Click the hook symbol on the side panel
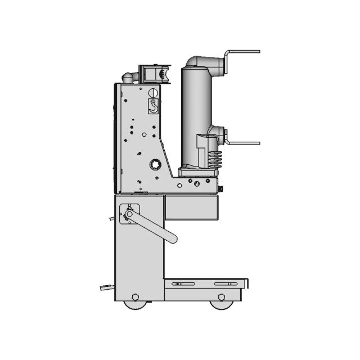(153, 106)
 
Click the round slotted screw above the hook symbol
(152, 92)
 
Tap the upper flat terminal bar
(243, 52)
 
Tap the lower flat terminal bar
(243, 143)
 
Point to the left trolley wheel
(134, 304)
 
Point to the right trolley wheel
(220, 304)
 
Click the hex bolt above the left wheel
(135, 296)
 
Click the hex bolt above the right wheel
(221, 296)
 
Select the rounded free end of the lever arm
(172, 238)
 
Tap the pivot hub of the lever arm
(129, 214)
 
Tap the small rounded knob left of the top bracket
(128, 77)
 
